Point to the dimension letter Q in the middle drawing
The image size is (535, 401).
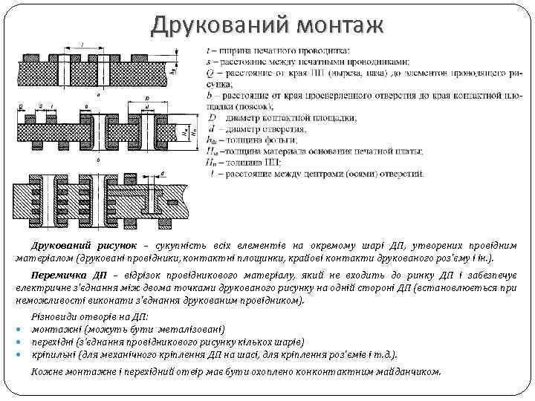(20, 106)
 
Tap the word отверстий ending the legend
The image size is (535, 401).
(401, 174)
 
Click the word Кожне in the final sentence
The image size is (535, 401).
(45, 371)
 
